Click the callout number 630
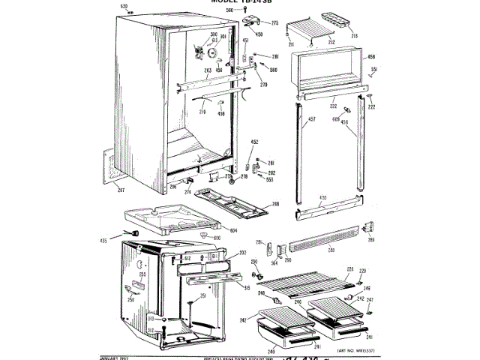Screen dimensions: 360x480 (x=125, y=7)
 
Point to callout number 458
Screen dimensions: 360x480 (x=370, y=56)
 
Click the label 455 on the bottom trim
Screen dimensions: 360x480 (x=323, y=199)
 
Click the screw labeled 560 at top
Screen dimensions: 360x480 (x=230, y=10)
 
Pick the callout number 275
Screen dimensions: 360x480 (x=274, y=23)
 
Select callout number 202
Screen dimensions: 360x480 (x=242, y=253)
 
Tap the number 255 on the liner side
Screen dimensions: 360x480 (x=141, y=275)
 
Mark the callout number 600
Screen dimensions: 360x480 (x=217, y=238)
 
